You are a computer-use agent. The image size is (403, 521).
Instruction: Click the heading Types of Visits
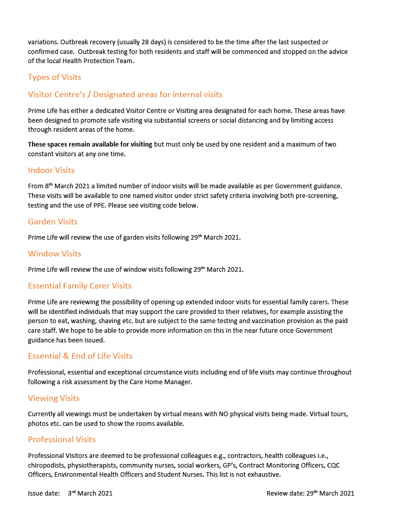pos(54,77)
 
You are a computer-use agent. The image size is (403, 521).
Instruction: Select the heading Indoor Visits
pos(51,170)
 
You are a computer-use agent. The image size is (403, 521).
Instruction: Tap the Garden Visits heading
pos(53,222)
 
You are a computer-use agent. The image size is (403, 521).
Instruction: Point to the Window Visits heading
pos(54,254)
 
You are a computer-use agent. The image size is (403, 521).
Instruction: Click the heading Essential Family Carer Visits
pos(80,286)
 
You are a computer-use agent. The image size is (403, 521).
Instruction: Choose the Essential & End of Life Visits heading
pos(80,356)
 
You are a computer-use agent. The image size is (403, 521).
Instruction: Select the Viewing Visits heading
pos(54,398)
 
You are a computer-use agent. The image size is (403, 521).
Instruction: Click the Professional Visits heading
pos(62,440)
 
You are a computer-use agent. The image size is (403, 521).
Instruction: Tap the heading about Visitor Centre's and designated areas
pos(125,95)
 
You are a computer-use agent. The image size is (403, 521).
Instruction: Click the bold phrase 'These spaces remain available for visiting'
pos(90,144)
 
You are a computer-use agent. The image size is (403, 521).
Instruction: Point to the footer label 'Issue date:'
pos(44,493)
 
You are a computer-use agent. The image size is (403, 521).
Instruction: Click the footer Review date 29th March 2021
pos(310,493)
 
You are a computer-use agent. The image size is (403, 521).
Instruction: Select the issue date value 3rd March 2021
pos(90,493)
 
